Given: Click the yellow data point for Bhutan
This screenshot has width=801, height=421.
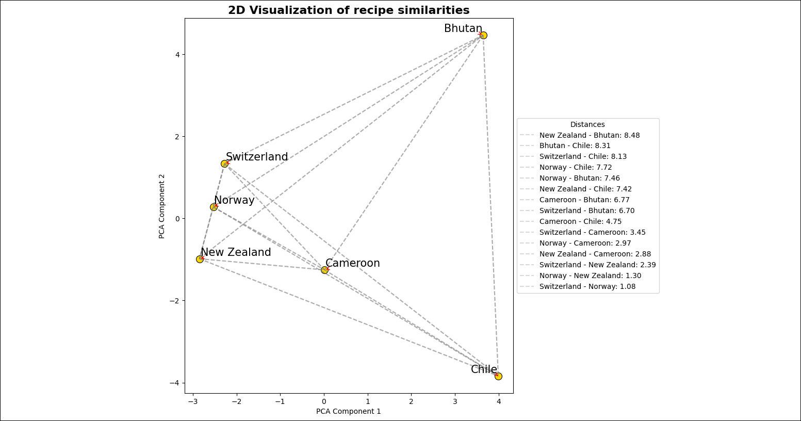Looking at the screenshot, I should [483, 36].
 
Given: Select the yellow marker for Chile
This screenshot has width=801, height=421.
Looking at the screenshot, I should [498, 376].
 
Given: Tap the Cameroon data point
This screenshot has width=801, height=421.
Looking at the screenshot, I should [324, 270].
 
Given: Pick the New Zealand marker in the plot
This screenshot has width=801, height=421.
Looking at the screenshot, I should [200, 259].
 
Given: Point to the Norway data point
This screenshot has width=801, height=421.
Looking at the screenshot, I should [214, 207].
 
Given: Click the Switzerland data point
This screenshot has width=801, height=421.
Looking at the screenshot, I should [224, 164].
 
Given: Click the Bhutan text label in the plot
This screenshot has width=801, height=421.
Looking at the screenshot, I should [463, 29].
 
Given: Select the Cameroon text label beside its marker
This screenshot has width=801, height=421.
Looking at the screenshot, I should [352, 263].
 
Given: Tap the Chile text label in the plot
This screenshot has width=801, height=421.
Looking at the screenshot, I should [483, 369].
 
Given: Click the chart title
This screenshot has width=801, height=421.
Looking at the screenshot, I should [349, 10].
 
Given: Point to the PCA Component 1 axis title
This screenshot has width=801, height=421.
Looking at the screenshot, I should [348, 411].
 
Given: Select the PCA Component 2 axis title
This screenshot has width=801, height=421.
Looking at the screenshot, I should [162, 206].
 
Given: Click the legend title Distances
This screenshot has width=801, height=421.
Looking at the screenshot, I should [587, 124].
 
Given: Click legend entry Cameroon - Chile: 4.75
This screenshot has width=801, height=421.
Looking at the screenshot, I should [580, 221].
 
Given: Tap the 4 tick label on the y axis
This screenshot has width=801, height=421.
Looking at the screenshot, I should [177, 55].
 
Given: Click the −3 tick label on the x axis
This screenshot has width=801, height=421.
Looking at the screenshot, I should [192, 401].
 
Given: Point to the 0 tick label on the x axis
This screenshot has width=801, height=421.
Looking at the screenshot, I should [324, 401].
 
